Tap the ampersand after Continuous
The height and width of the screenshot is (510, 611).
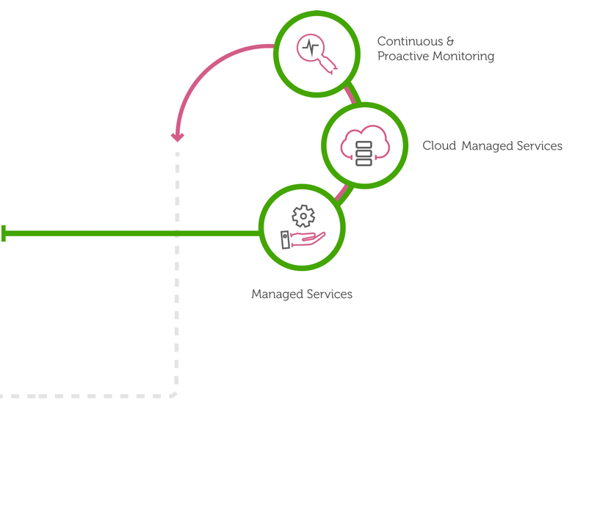point(450,42)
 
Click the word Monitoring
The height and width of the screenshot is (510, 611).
point(463,57)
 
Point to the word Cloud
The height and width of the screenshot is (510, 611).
point(439,146)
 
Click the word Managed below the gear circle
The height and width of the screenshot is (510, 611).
point(275,294)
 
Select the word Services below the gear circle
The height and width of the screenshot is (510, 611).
point(328,294)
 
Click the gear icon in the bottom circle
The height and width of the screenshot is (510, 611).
point(303,216)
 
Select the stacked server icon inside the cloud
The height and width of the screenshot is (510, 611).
point(364,153)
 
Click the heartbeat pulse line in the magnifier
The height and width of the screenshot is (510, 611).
point(311,48)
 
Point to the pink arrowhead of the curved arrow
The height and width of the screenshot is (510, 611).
point(178,137)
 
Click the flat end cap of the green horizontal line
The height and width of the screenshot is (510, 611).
point(4,233)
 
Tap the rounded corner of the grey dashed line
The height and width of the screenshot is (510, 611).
point(174,393)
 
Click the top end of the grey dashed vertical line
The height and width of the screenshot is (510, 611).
point(178,155)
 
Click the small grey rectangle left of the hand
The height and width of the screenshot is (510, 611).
point(286,240)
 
